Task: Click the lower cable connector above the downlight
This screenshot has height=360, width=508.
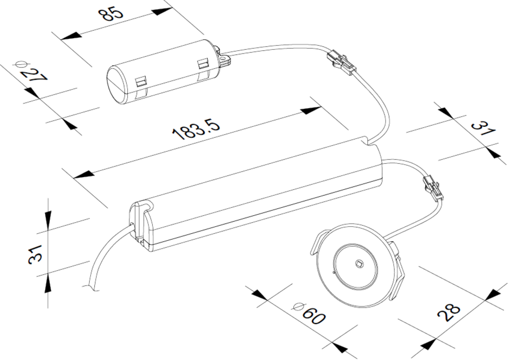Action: tap(432, 187)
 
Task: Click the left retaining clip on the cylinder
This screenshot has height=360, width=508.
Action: tap(141, 82)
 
